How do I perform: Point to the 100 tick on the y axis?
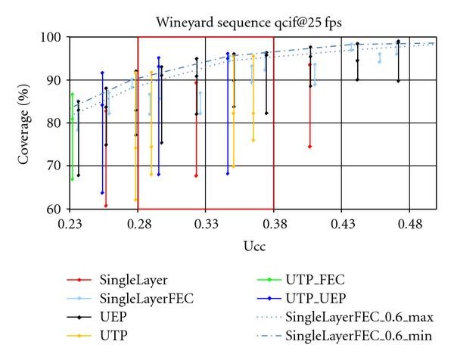(54, 37)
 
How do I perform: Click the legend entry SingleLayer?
(132, 279)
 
